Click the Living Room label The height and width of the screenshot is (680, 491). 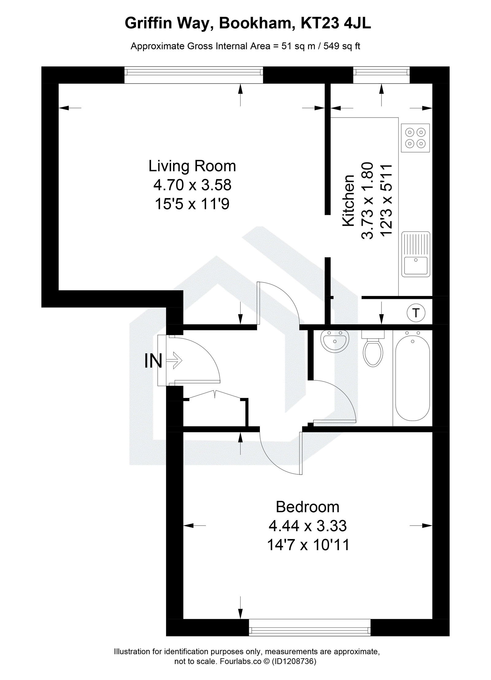click(192, 166)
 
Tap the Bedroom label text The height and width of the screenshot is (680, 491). click(307, 507)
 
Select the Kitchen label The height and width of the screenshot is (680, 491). click(348, 201)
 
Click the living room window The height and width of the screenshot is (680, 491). click(194, 72)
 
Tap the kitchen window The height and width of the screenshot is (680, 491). click(381, 72)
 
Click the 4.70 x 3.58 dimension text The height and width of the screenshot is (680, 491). click(192, 185)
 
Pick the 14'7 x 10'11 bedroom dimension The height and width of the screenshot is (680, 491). click(308, 545)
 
